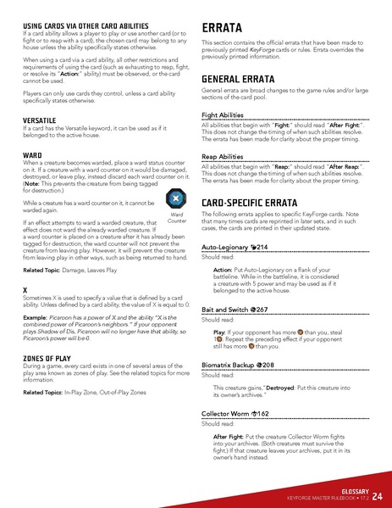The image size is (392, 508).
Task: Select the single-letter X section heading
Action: tap(25, 291)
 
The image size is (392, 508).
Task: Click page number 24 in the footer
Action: tap(376, 495)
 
